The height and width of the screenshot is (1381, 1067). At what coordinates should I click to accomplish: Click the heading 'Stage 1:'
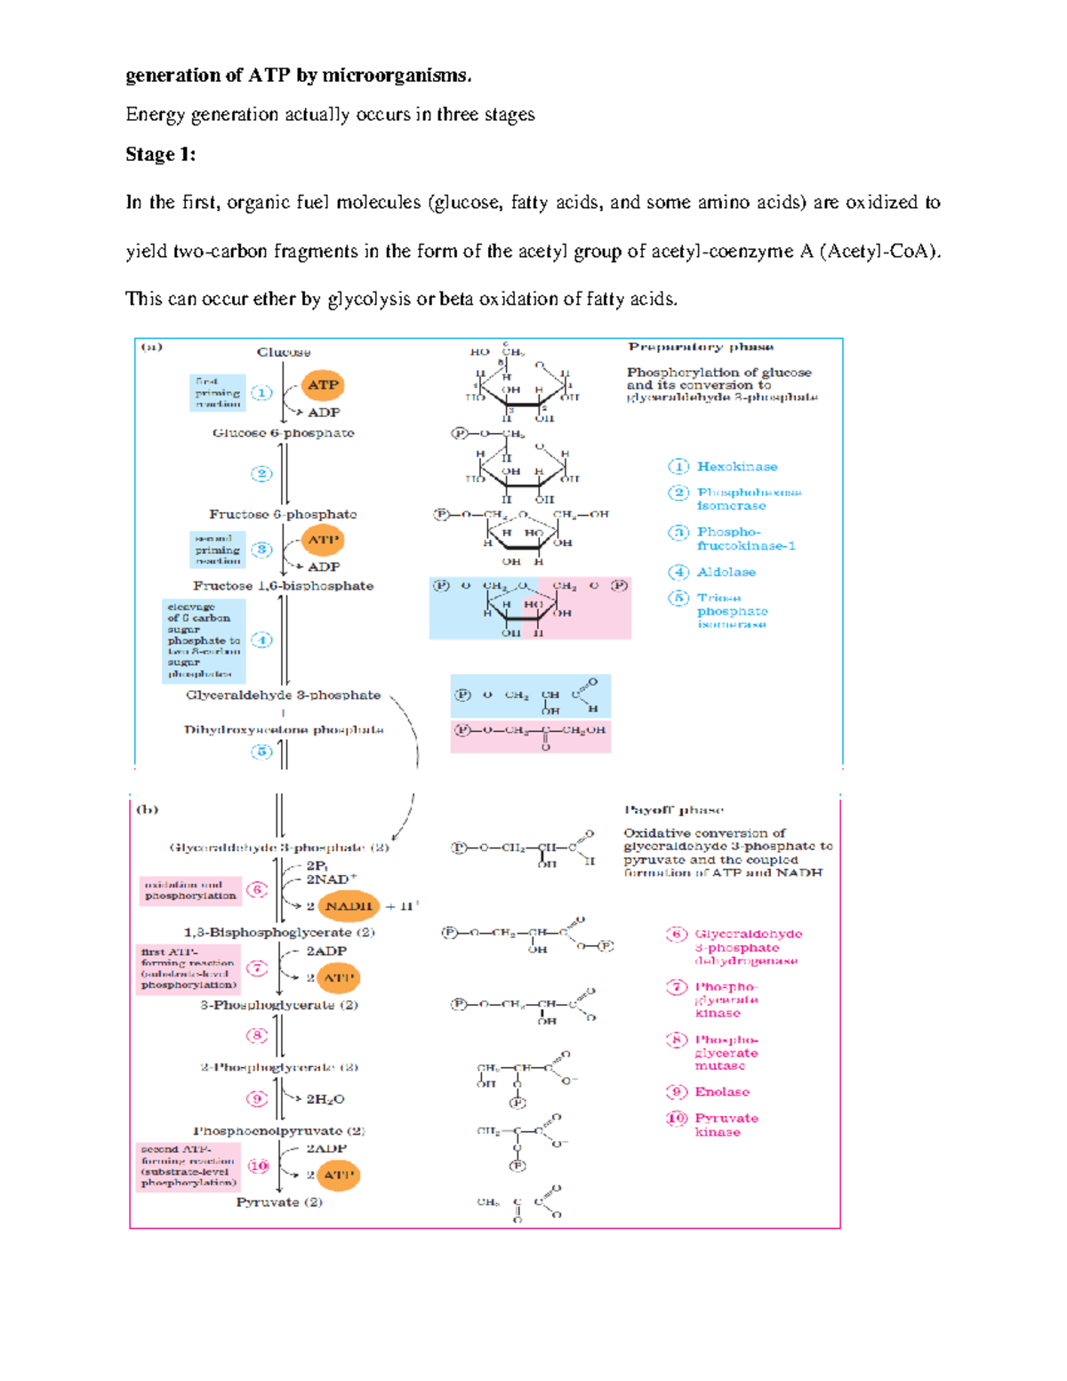[x=160, y=155]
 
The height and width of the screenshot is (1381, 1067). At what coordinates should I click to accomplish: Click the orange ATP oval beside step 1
[x=323, y=385]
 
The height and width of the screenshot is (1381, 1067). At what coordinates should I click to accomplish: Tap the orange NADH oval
[x=348, y=906]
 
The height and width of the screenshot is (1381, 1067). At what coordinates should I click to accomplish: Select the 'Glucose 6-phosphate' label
[x=283, y=433]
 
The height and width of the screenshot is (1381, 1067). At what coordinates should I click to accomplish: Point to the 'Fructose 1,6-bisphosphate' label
[x=283, y=586]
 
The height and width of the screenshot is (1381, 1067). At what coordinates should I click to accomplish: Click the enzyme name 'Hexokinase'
[x=736, y=467]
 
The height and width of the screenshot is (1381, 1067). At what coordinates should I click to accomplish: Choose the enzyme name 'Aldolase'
[x=726, y=573]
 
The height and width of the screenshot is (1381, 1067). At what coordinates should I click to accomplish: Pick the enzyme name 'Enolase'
[x=721, y=1092]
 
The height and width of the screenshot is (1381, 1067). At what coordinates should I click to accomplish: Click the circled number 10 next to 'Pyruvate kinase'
[x=677, y=1119]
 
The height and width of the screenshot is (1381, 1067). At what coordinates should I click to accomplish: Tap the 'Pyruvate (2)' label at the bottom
[x=279, y=1202]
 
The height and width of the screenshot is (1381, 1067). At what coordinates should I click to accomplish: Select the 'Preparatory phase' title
[x=701, y=347]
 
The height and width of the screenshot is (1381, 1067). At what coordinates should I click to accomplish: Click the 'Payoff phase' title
[x=673, y=810]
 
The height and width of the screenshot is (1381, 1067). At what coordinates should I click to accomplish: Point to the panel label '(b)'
[x=147, y=809]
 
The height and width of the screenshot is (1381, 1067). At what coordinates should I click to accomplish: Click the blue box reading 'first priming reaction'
[x=217, y=393]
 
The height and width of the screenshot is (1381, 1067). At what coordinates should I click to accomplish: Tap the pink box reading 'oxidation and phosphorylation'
[x=189, y=890]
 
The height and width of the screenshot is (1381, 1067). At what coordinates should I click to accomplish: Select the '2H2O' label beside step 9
[x=325, y=1100]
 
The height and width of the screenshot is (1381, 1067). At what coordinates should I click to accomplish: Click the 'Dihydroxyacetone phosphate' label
[x=284, y=730]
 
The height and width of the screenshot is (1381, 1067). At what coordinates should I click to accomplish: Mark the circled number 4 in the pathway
[x=261, y=640]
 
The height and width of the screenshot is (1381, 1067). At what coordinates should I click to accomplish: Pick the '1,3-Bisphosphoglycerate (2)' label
[x=279, y=933]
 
